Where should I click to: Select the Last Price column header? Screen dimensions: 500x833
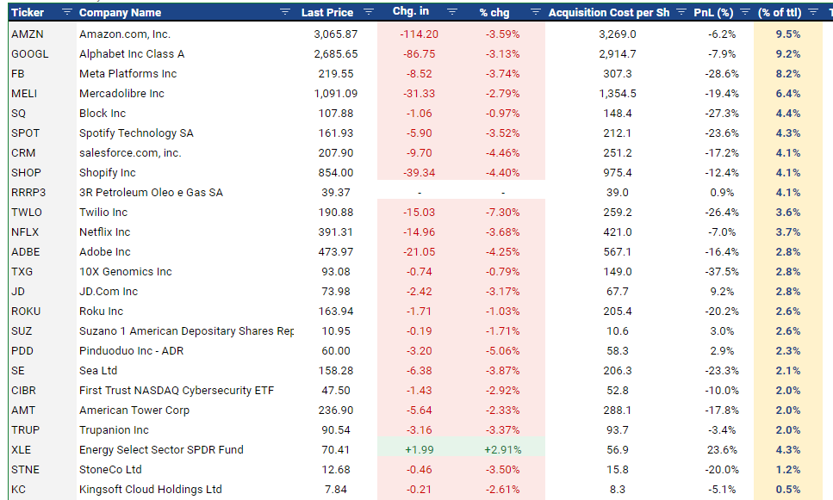[x=326, y=13]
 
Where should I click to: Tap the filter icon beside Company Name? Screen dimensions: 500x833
[x=285, y=13]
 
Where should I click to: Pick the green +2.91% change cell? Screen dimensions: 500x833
[x=500, y=449]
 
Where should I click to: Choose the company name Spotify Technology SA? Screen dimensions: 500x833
[x=136, y=133]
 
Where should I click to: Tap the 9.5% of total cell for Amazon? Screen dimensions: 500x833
[x=787, y=34]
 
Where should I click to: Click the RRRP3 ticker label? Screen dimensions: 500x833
[x=28, y=192]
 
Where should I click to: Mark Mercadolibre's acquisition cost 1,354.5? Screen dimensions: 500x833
[x=617, y=93]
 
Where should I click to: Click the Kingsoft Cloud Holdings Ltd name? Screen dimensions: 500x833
[x=150, y=489]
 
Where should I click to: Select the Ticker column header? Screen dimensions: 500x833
[x=28, y=13]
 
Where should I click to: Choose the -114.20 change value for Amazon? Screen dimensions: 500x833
[x=419, y=34]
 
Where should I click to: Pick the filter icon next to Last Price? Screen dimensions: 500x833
[x=369, y=13]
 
